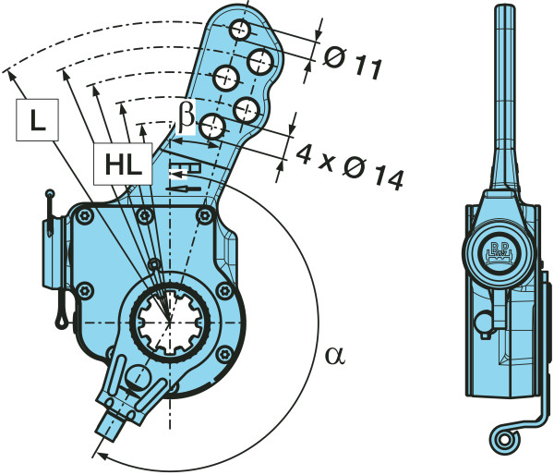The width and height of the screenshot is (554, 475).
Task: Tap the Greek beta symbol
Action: click(187, 115)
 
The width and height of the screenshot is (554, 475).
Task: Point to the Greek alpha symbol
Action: click(334, 355)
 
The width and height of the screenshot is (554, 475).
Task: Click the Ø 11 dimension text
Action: click(354, 63)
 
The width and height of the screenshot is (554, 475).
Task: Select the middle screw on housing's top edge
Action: click(144, 215)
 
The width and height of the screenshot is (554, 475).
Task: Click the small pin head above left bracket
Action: click(50, 195)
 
